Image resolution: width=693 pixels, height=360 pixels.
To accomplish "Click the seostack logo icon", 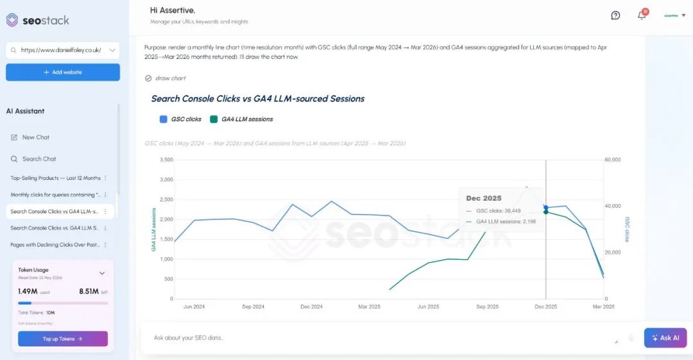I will [12, 20].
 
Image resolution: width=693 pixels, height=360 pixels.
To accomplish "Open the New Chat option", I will [35, 137].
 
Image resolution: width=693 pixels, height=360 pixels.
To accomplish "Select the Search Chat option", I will [38, 159].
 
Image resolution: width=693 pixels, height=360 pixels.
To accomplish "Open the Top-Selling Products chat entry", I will [55, 178].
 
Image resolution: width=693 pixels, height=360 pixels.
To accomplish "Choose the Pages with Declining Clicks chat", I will [55, 244].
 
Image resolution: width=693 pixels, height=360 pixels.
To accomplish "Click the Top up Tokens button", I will [62, 339].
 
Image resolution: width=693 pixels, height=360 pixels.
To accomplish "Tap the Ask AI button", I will [665, 338].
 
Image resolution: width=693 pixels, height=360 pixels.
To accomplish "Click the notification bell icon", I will [642, 15].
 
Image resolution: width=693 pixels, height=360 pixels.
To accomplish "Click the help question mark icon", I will [615, 15].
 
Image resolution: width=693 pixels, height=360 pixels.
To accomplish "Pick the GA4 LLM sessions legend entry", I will [241, 119].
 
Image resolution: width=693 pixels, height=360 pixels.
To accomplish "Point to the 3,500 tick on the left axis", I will [166, 159].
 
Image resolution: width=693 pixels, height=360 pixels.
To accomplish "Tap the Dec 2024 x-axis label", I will [312, 307].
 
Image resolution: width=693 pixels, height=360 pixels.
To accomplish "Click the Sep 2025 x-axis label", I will [488, 307].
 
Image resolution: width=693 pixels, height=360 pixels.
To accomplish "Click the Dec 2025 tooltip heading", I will [484, 198].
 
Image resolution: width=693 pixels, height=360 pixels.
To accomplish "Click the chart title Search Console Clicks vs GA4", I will [257, 99].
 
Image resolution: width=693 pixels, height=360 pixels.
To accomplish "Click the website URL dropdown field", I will [62, 50].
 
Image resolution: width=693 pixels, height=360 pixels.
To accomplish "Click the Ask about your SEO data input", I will [379, 338].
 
